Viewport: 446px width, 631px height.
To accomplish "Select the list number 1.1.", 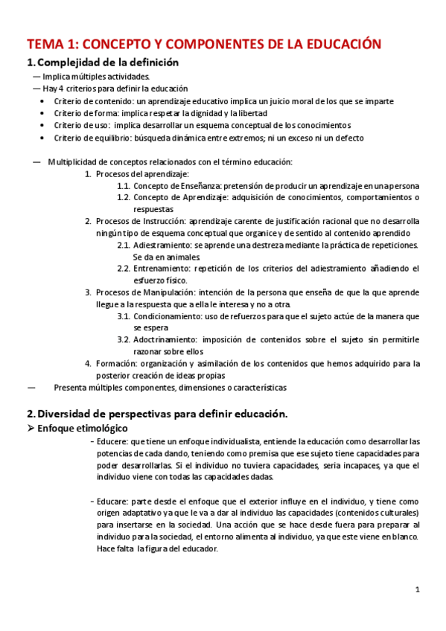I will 124,185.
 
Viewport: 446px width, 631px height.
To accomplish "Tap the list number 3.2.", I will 124,340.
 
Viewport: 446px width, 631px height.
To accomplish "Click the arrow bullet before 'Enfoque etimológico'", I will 31,429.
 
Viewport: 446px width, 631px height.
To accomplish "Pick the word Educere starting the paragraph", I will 111,441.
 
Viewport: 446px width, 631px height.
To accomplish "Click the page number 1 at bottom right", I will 418,590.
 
